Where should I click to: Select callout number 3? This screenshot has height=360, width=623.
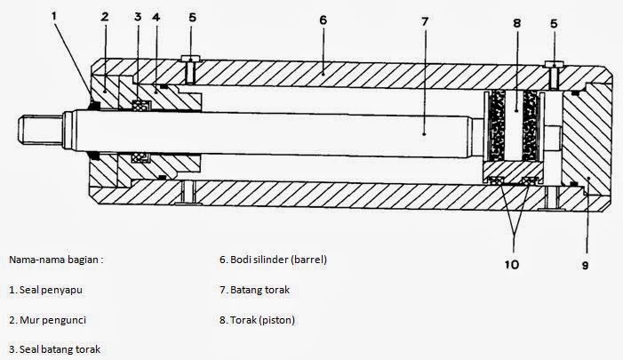click(x=138, y=17)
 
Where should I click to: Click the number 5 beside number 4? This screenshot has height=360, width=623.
click(x=192, y=17)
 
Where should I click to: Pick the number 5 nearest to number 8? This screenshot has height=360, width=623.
click(x=554, y=25)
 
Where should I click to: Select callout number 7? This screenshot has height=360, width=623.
click(x=425, y=18)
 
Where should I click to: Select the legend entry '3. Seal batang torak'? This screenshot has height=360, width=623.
click(x=54, y=348)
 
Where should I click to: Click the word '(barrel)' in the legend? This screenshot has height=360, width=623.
click(x=308, y=260)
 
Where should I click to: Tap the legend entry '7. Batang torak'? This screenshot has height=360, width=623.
click(x=255, y=290)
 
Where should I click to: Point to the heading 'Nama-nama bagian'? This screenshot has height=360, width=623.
click(x=55, y=260)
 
